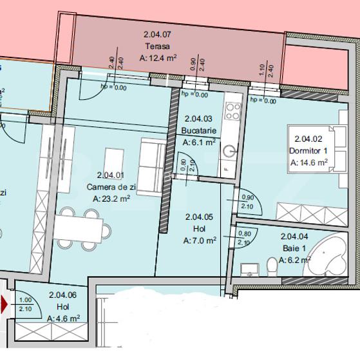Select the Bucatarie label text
(198, 130)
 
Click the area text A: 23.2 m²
(112, 199)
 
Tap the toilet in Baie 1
(269, 266)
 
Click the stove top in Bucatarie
(232, 110)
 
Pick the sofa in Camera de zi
(152, 167)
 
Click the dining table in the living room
(79, 226)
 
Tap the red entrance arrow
(5, 305)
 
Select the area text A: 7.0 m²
(200, 240)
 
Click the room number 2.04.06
(64, 295)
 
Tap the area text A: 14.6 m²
(310, 162)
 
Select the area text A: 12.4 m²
(158, 58)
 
